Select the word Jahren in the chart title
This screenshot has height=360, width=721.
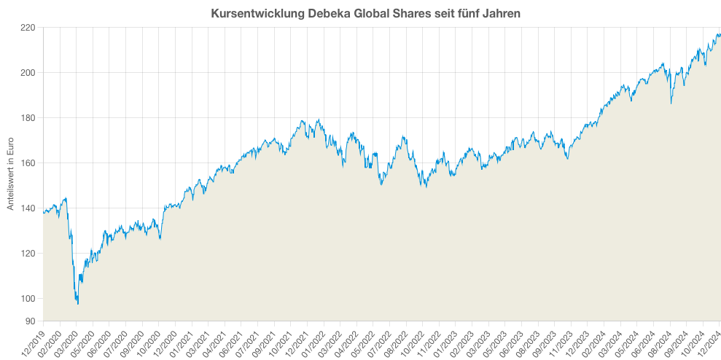pyautogui.click(x=501, y=13)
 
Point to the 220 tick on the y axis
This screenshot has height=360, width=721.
pyautogui.click(x=28, y=28)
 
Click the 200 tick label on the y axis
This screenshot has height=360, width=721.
pyautogui.click(x=28, y=73)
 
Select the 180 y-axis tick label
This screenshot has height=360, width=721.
pyautogui.click(x=28, y=118)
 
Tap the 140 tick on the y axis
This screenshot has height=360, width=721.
pyautogui.click(x=28, y=208)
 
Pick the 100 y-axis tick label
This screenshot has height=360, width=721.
pyautogui.click(x=28, y=299)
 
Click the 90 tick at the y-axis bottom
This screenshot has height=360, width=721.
pyautogui.click(x=31, y=321)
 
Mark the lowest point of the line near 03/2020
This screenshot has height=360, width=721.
pyautogui.click(x=78, y=304)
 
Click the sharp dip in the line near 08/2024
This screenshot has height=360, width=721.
pyautogui.click(x=671, y=103)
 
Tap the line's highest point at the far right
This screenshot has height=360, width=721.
pyautogui.click(x=718, y=33)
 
